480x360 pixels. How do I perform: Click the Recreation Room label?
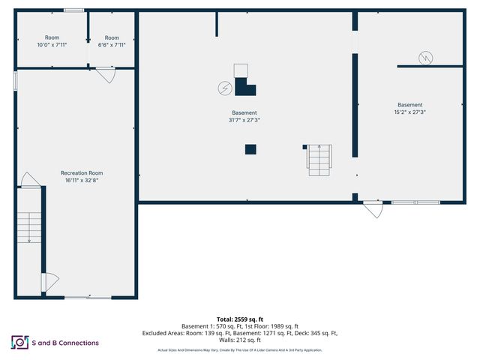coord(81,172)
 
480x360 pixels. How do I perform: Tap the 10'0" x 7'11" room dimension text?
coord(52,45)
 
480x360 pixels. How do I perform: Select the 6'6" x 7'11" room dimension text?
coord(112,45)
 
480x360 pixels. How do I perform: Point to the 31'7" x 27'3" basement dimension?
coord(244,120)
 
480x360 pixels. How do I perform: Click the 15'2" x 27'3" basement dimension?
coord(410,112)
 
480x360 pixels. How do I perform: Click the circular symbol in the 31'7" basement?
coord(223,88)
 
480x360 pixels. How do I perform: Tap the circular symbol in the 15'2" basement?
coord(425,56)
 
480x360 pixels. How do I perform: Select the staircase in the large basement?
coord(318,159)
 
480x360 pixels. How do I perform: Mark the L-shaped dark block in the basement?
coord(244,87)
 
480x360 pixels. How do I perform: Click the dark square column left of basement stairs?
coord(250,149)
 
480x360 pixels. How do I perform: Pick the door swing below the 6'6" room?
coord(106,75)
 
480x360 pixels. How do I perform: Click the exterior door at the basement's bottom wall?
coord(373,208)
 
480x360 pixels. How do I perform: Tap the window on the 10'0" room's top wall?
coord(73,10)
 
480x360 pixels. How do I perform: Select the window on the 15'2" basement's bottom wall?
coord(415,202)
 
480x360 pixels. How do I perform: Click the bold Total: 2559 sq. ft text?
coord(239,319)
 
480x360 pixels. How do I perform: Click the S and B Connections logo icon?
coord(19,343)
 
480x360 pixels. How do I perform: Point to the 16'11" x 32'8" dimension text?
coord(81,180)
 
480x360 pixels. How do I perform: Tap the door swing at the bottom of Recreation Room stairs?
coord(49,282)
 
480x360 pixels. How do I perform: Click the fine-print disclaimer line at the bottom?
coord(239,350)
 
